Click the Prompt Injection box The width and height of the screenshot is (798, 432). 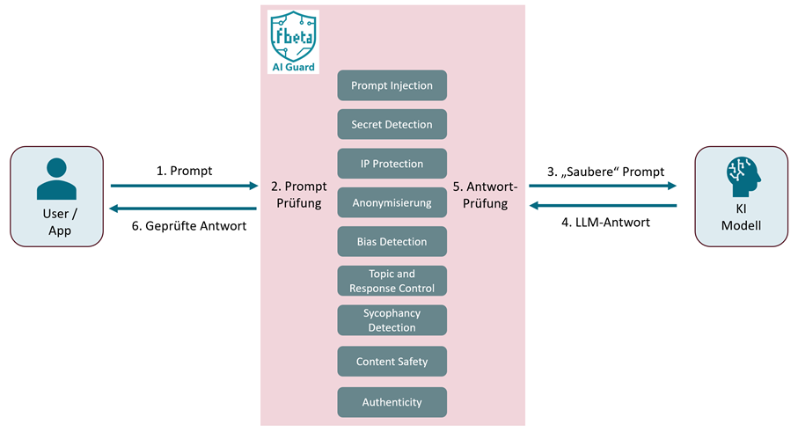click(x=392, y=85)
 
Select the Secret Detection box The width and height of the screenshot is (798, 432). click(x=392, y=125)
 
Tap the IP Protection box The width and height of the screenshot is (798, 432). click(x=392, y=164)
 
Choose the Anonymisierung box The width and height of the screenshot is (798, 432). click(x=392, y=202)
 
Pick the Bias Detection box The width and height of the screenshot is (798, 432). click(x=392, y=242)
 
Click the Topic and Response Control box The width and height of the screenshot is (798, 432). click(x=392, y=281)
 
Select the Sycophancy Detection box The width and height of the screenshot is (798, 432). click(x=392, y=320)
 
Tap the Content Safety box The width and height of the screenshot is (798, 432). click(x=392, y=362)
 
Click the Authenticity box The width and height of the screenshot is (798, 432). click(x=392, y=402)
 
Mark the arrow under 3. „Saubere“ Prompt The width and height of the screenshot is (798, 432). click(x=602, y=186)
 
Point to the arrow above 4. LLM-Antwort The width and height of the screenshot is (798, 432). click(x=602, y=206)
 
